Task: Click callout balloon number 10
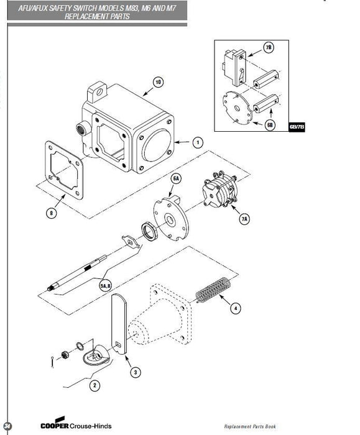158,82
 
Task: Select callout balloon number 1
197,142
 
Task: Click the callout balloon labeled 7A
243,219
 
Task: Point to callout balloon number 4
235,308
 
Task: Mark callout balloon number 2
95,385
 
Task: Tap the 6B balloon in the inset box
269,124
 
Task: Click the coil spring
213,291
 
